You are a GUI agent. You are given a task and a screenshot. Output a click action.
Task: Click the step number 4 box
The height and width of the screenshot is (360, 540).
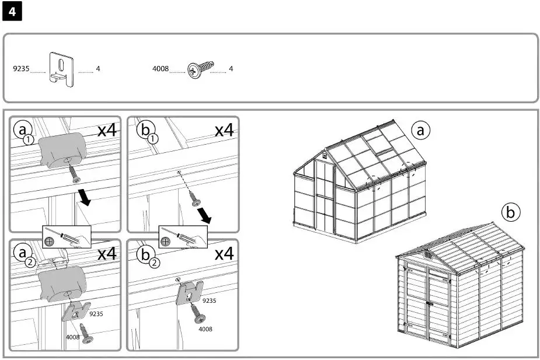pyautogui.click(x=12, y=12)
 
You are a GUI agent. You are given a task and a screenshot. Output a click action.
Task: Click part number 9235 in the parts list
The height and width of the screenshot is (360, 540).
pyautogui.click(x=20, y=69)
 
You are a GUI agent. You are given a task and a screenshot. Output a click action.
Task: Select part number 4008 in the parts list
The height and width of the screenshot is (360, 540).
pyautogui.click(x=161, y=69)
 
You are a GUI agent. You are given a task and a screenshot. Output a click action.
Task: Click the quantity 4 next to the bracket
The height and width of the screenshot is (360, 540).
pyautogui.click(x=98, y=69)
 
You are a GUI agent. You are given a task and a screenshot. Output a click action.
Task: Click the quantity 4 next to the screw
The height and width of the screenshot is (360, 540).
pyautogui.click(x=231, y=69)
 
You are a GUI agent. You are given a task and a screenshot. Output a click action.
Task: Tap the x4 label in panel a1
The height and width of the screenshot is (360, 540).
pyautogui.click(x=107, y=130)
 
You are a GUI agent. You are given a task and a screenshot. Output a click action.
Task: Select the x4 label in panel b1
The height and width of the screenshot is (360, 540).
pyautogui.click(x=224, y=130)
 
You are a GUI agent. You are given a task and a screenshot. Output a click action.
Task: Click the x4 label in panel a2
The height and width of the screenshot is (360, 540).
pyautogui.click(x=107, y=253)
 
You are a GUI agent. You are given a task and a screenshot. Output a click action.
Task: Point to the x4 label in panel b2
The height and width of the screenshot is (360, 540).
pyautogui.click(x=224, y=253)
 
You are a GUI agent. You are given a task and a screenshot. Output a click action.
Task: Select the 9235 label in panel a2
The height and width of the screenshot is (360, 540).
pyautogui.click(x=96, y=314)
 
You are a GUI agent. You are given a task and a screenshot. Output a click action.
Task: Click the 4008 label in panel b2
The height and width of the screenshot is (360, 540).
pyautogui.click(x=205, y=329)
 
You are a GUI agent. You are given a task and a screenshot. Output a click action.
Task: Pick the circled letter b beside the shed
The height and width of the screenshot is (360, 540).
pyautogui.click(x=511, y=212)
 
